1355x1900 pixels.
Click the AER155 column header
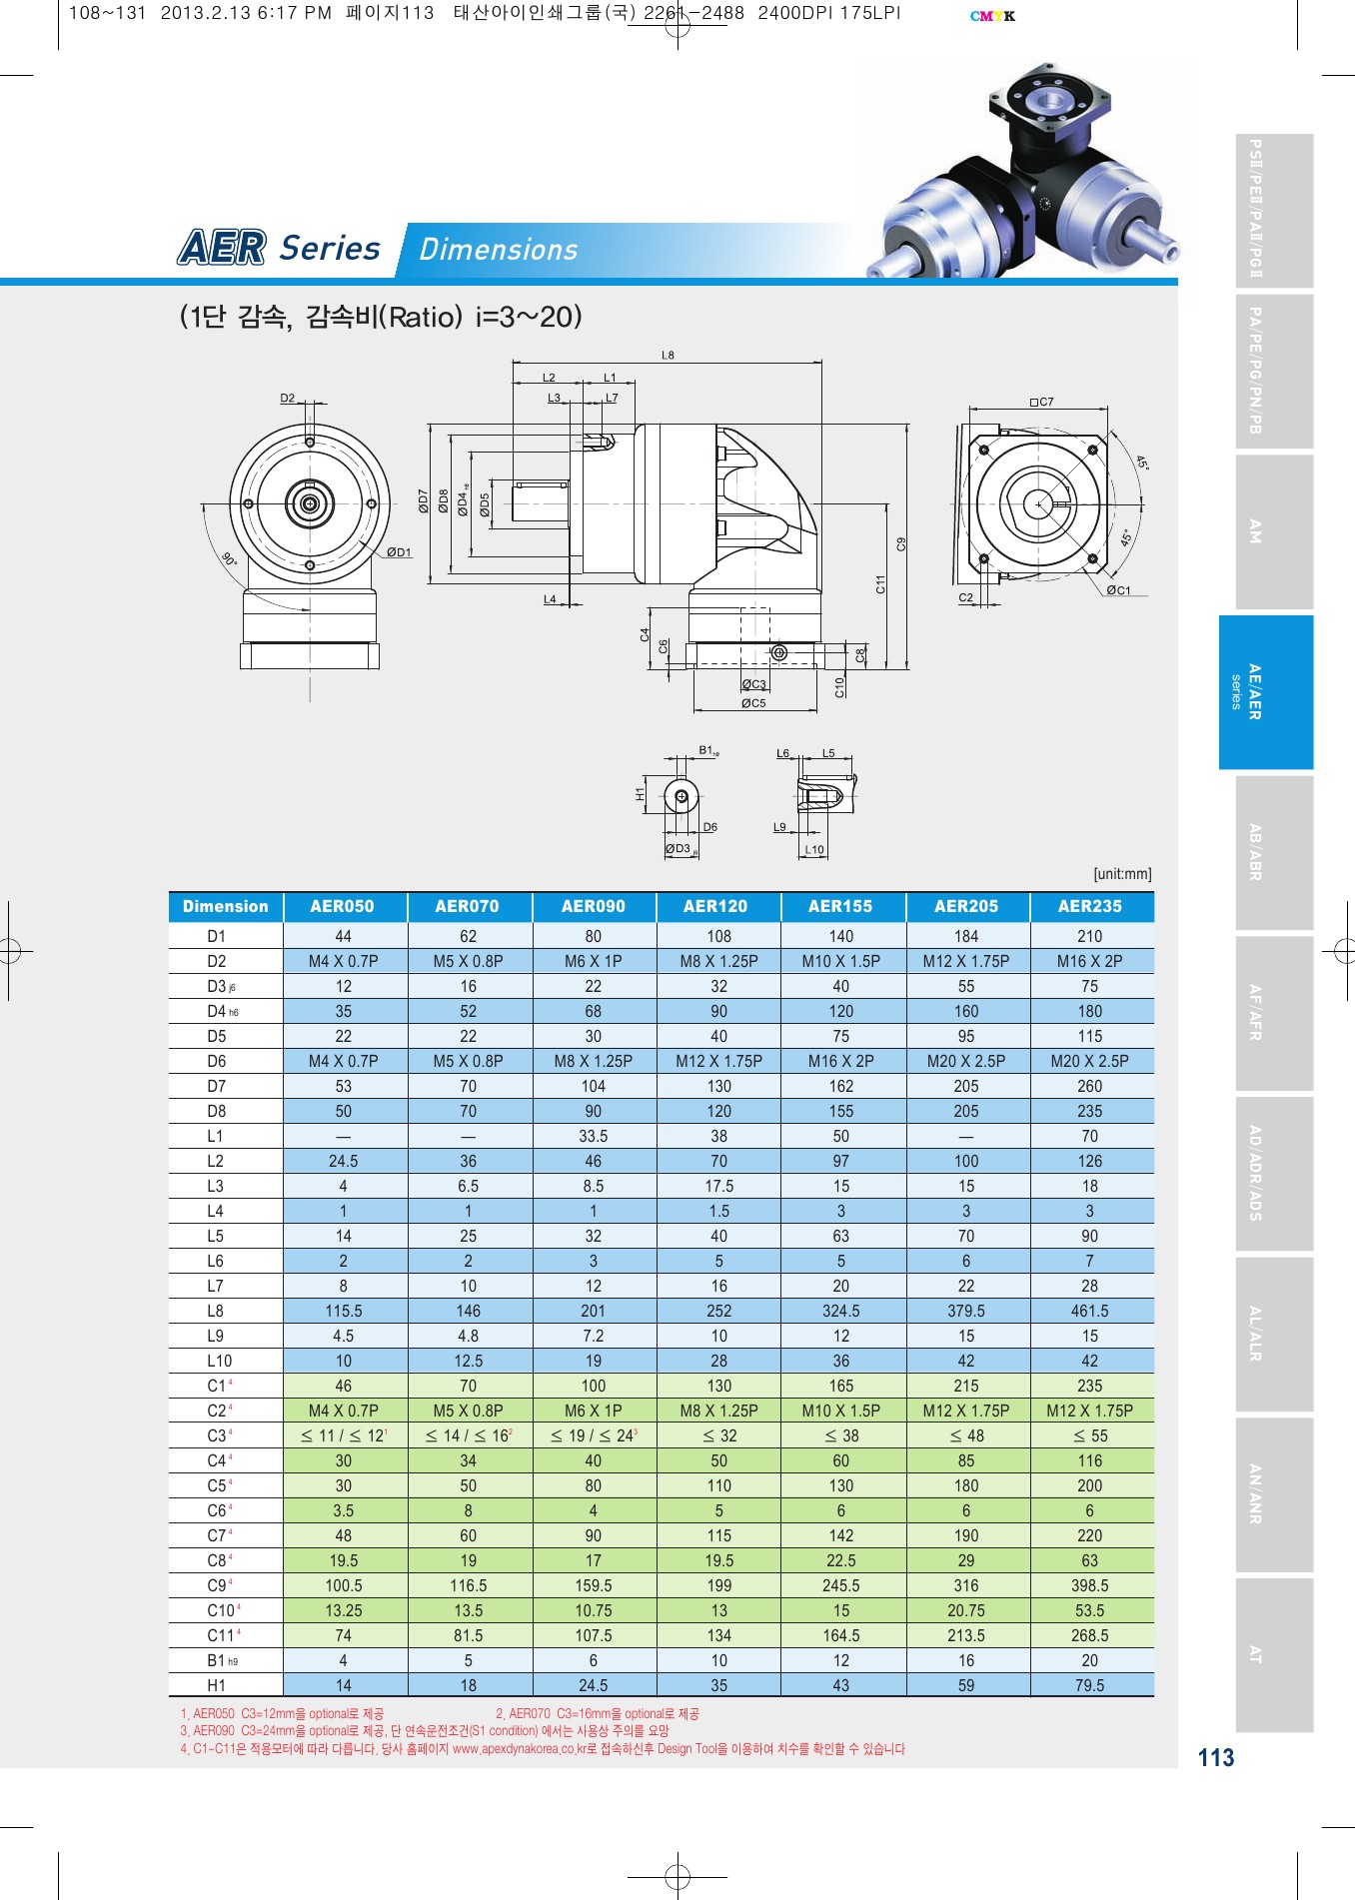pos(840,906)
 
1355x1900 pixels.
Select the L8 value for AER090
pos(593,1311)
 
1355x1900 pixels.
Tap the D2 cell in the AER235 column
pos(1089,961)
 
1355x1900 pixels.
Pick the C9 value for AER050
pos(343,1585)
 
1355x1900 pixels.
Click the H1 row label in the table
pos(216,1685)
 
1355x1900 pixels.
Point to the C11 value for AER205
pos(965,1635)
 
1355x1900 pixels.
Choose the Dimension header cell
pos(226,906)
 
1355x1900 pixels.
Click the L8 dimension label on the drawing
pos(668,355)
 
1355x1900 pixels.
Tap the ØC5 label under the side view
pos(753,703)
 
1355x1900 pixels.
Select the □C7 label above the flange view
pos(1041,402)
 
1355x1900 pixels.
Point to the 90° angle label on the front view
pos(229,559)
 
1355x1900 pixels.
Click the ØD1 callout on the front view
pos(399,552)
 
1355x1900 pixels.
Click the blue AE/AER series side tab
pos(1265,691)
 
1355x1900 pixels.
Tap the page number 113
pos(1215,1758)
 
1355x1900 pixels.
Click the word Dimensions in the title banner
pos(498,250)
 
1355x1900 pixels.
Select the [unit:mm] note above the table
pos(1122,874)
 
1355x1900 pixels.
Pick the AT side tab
pos(1273,1654)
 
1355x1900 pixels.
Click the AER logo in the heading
pos(222,247)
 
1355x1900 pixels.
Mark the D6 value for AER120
pos(718,1061)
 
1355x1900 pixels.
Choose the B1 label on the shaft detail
pos(707,750)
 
